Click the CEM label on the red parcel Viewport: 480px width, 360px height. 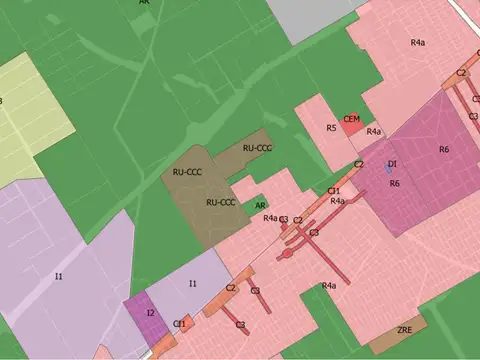pos(351,119)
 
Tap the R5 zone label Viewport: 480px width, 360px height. pos(331,128)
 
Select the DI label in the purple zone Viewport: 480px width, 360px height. pos(393,163)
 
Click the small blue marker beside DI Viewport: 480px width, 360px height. pos(389,170)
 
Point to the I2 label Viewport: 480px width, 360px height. pos(150,313)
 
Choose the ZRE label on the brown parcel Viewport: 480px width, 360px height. pos(405,329)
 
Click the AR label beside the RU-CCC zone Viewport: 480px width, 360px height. pos(259,204)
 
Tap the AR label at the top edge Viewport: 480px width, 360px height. pos(146,3)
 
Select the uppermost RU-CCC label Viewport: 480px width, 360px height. pos(257,148)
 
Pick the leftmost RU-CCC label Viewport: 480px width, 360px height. pos(187,172)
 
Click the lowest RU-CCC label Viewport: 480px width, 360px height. pos(220,202)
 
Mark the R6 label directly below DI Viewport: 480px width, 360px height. pos(395,184)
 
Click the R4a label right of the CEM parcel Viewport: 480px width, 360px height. pos(374,131)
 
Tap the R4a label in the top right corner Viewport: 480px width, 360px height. pos(418,42)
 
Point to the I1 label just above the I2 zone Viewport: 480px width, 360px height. pos(193,284)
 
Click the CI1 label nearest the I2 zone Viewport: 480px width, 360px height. pos(179,323)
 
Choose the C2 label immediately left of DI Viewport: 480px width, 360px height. pos(359,164)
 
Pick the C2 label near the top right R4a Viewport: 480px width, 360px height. pos(462,73)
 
